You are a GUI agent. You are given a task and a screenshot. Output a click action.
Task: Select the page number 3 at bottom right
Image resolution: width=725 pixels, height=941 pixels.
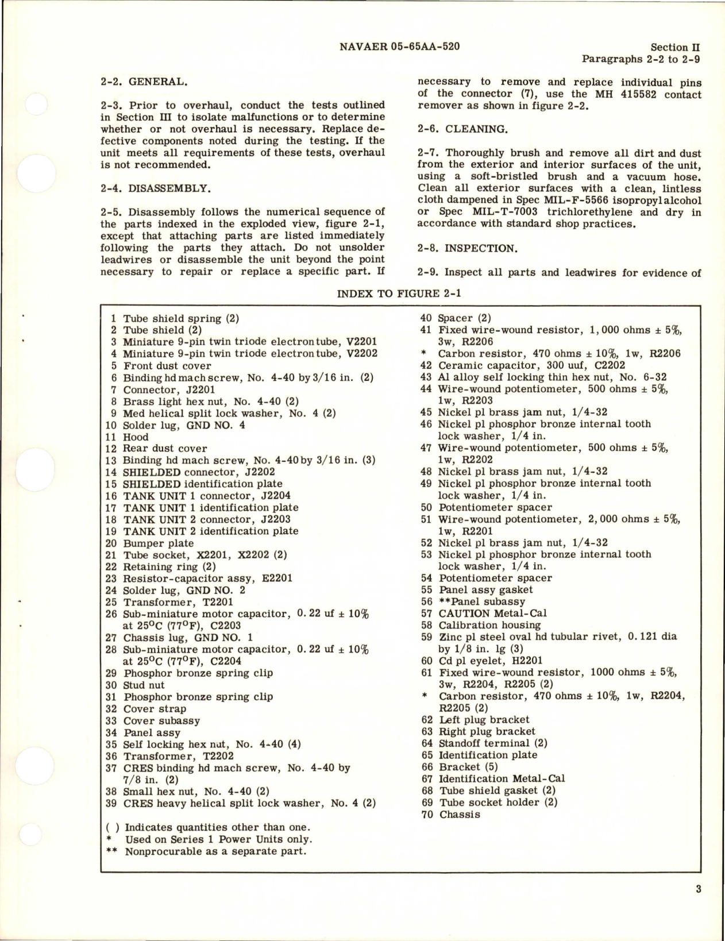[x=698, y=890]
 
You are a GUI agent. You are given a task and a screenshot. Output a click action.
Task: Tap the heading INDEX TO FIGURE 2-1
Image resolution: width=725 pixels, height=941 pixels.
[x=399, y=294]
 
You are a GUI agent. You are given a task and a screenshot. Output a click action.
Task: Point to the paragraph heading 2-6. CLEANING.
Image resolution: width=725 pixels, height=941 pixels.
[x=462, y=129]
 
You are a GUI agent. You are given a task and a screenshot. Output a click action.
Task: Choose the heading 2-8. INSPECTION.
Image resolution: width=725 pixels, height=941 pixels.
[x=467, y=248]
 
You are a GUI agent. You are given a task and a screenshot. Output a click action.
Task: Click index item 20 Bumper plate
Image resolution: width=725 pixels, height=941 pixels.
[x=151, y=543]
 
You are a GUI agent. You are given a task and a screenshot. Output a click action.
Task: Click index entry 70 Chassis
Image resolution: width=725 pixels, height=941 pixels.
[x=451, y=814]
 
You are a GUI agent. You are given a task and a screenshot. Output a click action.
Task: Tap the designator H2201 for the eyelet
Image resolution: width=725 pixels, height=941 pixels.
[x=525, y=661]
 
